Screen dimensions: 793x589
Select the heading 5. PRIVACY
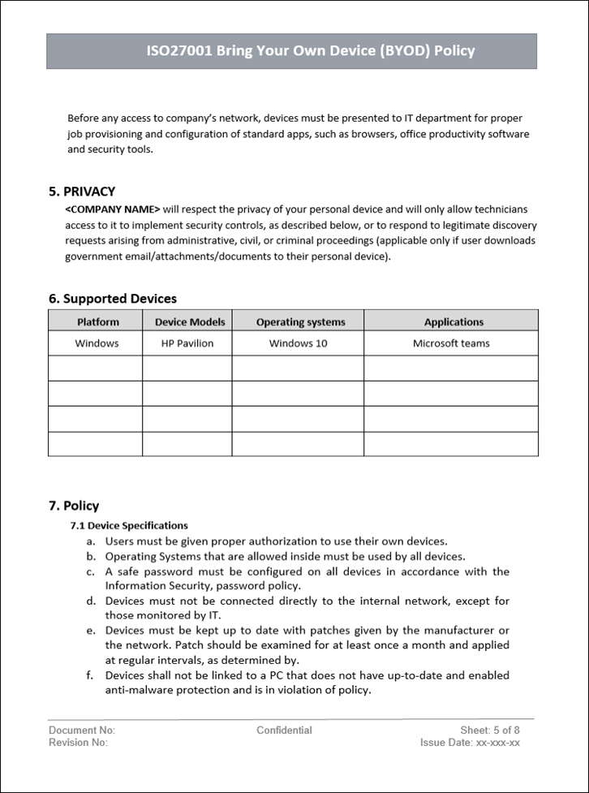[82, 192]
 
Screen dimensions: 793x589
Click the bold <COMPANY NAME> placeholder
[112, 209]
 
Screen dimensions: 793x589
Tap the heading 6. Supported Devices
[113, 299]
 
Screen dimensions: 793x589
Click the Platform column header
[97, 321]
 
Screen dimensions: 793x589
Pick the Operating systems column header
[300, 321]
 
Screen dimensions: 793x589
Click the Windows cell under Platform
[97, 343]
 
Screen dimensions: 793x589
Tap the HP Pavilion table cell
[187, 343]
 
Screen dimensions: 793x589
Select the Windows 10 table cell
[298, 343]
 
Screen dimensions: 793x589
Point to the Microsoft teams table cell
[451, 343]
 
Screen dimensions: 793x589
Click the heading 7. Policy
[74, 506]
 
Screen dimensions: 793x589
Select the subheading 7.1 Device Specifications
[129, 525]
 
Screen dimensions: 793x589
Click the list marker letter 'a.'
[91, 541]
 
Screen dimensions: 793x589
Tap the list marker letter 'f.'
[91, 675]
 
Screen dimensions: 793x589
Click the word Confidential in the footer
[284, 730]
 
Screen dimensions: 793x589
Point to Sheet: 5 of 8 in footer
[489, 730]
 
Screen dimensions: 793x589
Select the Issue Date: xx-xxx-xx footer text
[470, 742]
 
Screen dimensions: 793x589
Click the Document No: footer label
[82, 730]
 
